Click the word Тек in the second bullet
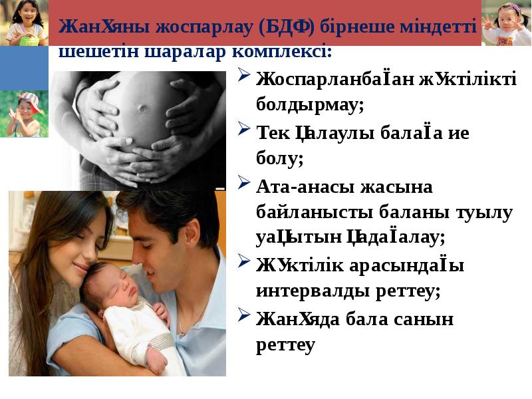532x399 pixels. [273, 132]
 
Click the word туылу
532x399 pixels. [481, 213]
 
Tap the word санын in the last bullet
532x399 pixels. [426, 319]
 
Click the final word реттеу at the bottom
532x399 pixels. [285, 346]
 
